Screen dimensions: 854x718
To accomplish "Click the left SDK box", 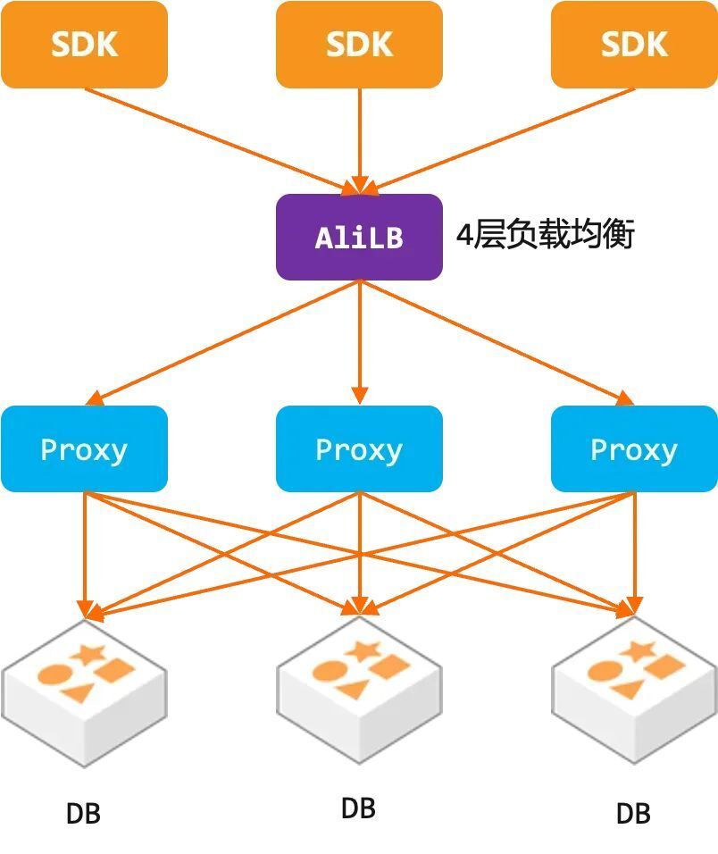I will [84, 45].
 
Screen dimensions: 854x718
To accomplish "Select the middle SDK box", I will [359, 45].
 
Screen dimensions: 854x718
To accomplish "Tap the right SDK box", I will [634, 45].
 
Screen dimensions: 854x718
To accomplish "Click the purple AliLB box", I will [359, 238].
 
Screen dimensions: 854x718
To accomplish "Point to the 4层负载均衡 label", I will [545, 236].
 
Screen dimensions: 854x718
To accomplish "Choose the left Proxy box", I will [84, 448].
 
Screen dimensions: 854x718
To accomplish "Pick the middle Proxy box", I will [359, 448].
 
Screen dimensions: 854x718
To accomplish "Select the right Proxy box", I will [634, 448].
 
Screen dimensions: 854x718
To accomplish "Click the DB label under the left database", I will [83, 814].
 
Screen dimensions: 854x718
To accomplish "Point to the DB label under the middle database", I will [358, 808].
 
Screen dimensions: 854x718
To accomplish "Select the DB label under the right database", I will [633, 814].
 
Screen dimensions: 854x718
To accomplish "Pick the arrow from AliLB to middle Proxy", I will [359, 339].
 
